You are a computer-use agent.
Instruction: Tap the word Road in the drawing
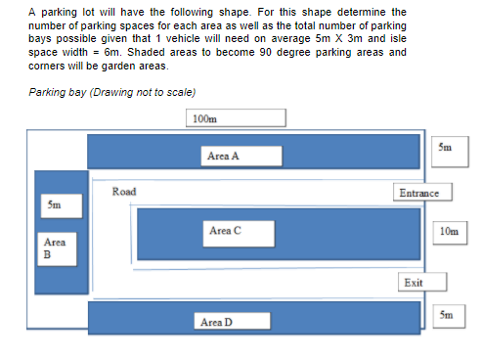point(124,192)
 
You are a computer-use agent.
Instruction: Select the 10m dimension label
point(449,232)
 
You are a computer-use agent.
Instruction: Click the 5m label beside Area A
point(447,147)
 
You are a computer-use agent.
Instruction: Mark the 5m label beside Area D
point(447,316)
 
